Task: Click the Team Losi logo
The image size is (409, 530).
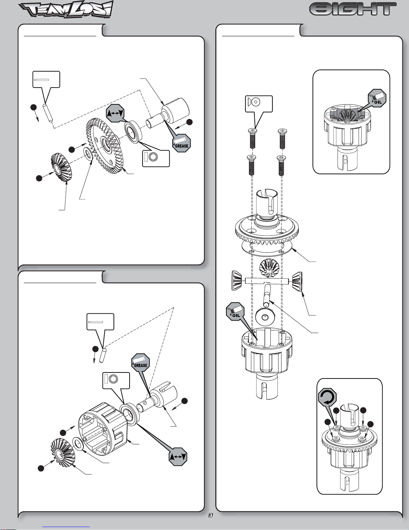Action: click(x=66, y=9)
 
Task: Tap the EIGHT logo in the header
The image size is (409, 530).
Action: click(x=353, y=9)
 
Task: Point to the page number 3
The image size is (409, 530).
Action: click(x=211, y=515)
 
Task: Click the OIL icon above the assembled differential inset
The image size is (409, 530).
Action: click(x=377, y=98)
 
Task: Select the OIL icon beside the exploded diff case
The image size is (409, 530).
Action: click(x=235, y=311)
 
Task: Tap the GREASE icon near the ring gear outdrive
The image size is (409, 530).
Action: click(x=181, y=143)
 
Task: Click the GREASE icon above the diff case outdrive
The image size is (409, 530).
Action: click(x=141, y=362)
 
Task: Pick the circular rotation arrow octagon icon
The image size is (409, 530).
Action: click(x=328, y=397)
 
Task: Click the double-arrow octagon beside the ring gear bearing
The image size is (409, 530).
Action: click(x=116, y=113)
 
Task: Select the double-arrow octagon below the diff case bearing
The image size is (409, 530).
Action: click(x=178, y=456)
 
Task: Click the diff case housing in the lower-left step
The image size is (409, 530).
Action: click(x=102, y=431)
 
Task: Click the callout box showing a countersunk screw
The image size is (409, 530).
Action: click(x=259, y=104)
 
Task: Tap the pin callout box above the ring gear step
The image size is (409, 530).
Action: click(x=46, y=79)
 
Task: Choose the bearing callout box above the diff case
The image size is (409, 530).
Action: click(x=116, y=381)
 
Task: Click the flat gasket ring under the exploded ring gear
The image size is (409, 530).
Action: click(x=266, y=248)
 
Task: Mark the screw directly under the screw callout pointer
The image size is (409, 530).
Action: click(x=252, y=138)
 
